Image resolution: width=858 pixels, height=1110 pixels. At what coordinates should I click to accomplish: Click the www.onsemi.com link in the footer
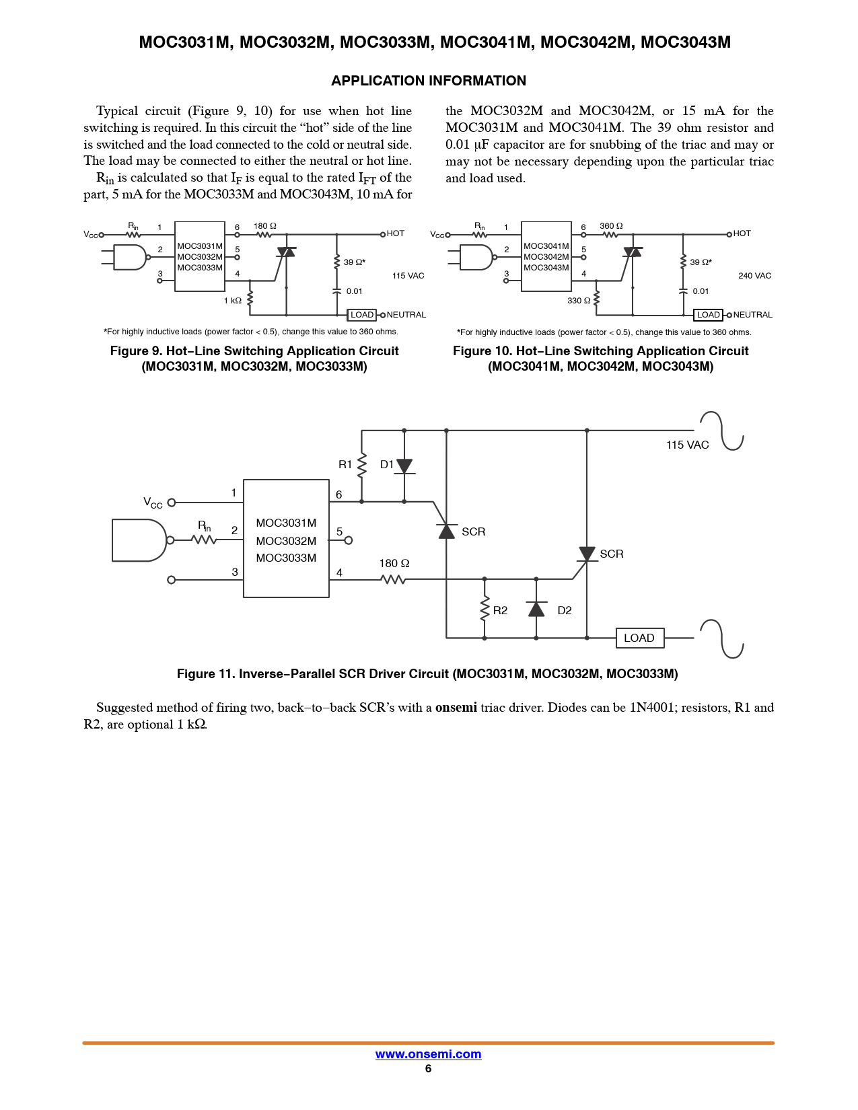click(428, 1054)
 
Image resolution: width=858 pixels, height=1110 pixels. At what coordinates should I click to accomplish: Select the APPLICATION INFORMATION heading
click(429, 81)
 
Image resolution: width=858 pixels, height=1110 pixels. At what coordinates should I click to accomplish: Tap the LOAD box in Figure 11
click(639, 638)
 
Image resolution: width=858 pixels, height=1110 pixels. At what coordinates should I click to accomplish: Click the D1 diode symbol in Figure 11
click(404, 466)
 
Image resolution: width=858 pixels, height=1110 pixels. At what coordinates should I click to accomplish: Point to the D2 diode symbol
click(536, 609)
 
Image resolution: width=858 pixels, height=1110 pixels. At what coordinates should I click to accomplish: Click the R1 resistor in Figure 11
click(362, 465)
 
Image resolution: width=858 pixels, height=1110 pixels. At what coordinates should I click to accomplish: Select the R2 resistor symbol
click(485, 609)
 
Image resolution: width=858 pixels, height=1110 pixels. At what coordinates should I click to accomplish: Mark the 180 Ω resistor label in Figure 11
click(394, 564)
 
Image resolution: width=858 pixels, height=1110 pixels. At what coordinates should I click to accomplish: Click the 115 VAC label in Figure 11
click(687, 445)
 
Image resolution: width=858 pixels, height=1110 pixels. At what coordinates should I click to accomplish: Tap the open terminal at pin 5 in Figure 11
click(349, 540)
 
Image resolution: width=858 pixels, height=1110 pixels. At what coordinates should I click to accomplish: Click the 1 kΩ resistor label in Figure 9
click(233, 301)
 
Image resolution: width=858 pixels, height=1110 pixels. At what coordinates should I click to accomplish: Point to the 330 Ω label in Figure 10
click(579, 301)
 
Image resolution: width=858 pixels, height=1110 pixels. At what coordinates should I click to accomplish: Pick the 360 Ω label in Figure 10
click(611, 226)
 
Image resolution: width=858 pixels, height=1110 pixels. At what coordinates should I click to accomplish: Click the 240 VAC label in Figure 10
click(754, 276)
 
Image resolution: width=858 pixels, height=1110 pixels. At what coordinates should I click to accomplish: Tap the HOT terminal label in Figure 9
click(396, 233)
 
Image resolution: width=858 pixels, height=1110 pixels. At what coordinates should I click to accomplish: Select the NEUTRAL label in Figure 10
click(752, 315)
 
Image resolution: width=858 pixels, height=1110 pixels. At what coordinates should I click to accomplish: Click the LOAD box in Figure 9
click(362, 315)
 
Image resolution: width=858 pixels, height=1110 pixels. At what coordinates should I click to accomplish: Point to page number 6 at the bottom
click(428, 1069)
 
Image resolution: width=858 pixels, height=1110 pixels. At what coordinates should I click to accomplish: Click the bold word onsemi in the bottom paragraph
click(456, 708)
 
